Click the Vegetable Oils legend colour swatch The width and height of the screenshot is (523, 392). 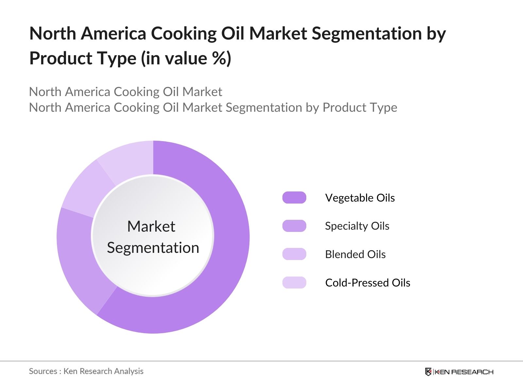[294, 198]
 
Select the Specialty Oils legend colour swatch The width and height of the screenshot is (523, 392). [294, 226]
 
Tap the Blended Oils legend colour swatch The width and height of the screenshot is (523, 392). [294, 254]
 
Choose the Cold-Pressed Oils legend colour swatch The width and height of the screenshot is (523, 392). [294, 283]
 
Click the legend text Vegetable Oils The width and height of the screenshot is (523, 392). [360, 198]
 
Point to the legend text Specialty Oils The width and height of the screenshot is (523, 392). [357, 226]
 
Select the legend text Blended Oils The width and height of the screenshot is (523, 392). [355, 254]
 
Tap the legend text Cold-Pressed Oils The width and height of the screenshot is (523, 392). [367, 283]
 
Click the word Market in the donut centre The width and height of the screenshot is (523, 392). [151, 226]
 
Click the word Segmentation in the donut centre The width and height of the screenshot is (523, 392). [153, 248]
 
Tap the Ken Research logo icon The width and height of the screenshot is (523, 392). [428, 372]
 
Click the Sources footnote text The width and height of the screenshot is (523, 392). [86, 371]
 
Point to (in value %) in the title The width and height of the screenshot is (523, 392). [186, 58]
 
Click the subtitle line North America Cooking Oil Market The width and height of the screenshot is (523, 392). [126, 92]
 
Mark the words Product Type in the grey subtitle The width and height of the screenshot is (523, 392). [360, 107]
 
